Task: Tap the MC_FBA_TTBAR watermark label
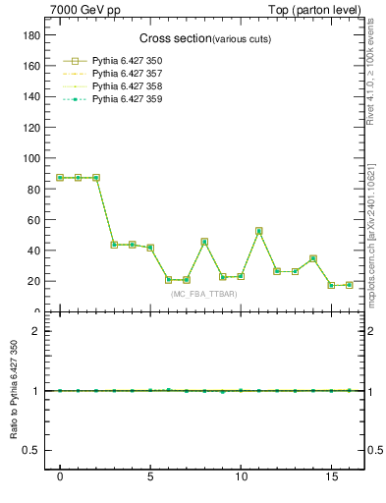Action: [x=203, y=295]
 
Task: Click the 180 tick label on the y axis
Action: [x=31, y=34]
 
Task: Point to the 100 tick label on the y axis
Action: [x=31, y=158]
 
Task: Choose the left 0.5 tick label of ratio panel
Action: [x=32, y=451]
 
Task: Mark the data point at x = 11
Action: [x=258, y=231]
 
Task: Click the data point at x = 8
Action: [x=204, y=242]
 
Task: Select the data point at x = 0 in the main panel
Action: [x=60, y=178]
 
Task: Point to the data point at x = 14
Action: [x=312, y=258]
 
